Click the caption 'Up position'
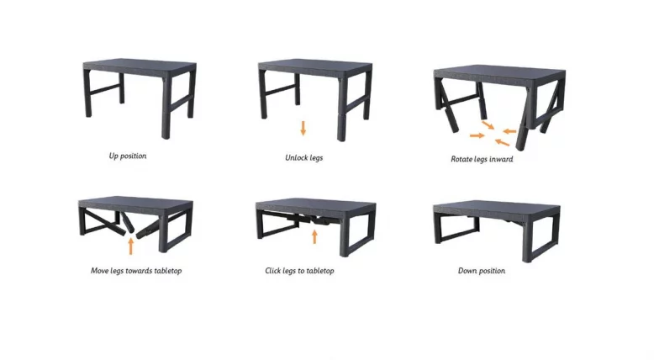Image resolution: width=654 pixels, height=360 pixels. pos(127,156)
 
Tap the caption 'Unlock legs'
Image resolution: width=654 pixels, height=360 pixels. pos(303,157)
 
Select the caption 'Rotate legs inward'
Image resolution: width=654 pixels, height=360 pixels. pos(482,159)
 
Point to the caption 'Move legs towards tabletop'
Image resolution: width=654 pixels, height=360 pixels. pos(137,271)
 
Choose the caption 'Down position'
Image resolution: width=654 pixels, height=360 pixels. pos(481,271)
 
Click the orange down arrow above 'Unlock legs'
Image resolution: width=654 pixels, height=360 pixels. pos(303,129)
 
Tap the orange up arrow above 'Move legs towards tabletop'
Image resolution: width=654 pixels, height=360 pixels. pos(130,245)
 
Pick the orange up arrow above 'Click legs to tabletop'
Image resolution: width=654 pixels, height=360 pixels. pos(314,236)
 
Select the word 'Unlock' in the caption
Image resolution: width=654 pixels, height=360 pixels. pos(295,157)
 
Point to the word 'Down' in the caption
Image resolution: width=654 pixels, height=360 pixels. pos(467,271)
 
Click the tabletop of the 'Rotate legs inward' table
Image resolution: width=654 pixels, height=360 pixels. pos(498,73)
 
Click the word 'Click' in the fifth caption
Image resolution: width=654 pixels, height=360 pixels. pos(273,271)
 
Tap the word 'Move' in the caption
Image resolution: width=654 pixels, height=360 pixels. pos(100,271)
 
